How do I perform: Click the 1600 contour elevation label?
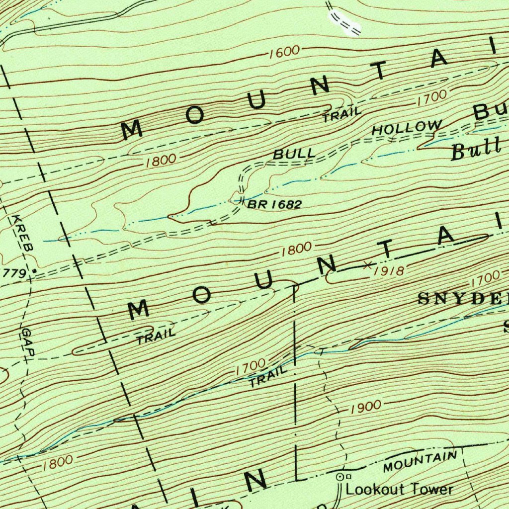pos(285,52)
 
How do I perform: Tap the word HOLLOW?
pos(407,128)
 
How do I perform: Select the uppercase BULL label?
pos(294,154)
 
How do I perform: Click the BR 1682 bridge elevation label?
pos(275,204)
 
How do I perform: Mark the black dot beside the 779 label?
pos(34,271)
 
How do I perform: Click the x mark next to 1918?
pos(368,264)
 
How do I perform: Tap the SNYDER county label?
pos(462,298)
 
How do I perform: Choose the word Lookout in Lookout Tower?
pos(372,489)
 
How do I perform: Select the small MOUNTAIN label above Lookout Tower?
pos(420,462)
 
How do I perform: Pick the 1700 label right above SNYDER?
pos(484,277)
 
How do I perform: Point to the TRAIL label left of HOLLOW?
pos(342,115)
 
